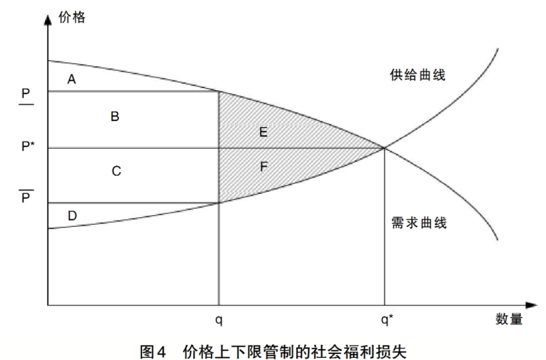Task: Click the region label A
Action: point(72,79)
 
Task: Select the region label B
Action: point(115,116)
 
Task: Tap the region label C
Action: point(116,171)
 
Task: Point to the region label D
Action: point(72,216)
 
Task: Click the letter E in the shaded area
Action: point(263,132)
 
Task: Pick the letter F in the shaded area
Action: point(263,167)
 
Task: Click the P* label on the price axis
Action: point(28,146)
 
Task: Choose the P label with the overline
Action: point(26,196)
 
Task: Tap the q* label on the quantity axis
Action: point(386,319)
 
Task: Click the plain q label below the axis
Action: point(218,320)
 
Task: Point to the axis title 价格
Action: point(72,17)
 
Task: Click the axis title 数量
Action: point(509,319)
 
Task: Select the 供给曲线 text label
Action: point(418,75)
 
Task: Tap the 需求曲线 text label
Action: point(419,223)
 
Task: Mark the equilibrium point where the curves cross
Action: point(384,148)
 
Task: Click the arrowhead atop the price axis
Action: point(48,19)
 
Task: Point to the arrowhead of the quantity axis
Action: point(532,305)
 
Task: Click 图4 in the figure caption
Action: point(152,352)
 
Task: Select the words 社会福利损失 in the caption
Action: point(360,352)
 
